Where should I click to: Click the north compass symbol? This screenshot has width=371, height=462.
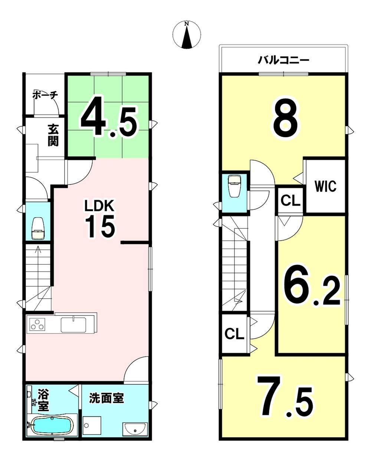(187, 35)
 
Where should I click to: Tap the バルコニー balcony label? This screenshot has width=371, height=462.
(283, 60)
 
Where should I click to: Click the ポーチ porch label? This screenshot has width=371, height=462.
(45, 95)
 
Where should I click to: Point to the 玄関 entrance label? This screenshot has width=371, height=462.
(53, 135)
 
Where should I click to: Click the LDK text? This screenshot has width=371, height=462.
(99, 206)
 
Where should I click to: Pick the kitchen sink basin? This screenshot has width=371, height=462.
(73, 324)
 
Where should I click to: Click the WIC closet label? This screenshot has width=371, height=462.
(325, 186)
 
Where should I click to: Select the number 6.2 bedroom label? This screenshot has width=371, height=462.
(312, 288)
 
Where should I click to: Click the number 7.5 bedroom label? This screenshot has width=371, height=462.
(285, 396)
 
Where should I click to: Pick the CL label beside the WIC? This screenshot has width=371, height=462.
(290, 201)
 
